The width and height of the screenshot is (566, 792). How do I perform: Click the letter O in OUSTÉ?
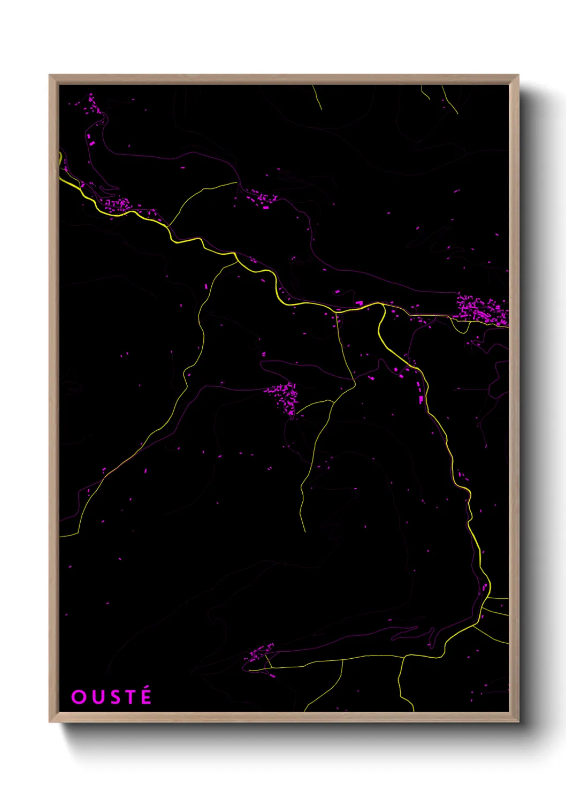[x=79, y=697]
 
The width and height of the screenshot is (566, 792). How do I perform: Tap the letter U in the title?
[x=97, y=697]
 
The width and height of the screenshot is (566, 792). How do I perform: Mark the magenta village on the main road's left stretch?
[x=118, y=204]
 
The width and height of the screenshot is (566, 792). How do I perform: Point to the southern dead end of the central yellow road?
[x=304, y=531]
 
